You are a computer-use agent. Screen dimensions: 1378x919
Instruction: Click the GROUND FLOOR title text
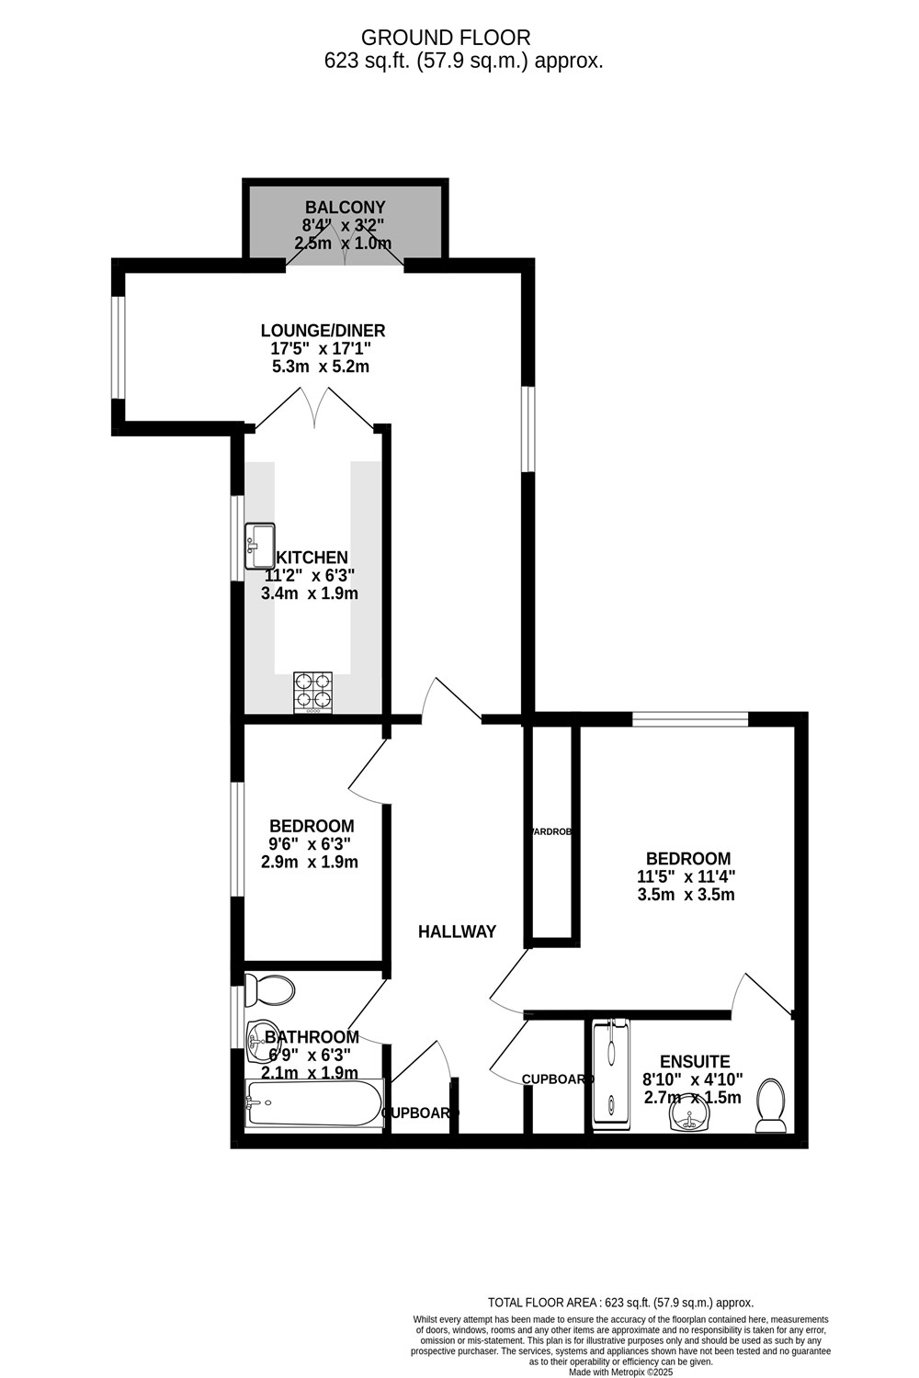click(x=446, y=38)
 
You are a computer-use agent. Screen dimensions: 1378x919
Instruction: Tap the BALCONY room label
click(x=345, y=208)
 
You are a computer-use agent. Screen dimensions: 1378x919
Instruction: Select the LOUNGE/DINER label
click(x=323, y=331)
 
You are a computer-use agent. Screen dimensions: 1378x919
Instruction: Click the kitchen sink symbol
click(x=260, y=546)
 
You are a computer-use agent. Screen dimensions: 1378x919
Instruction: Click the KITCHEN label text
click(x=312, y=558)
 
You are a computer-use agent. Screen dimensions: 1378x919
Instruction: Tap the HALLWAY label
click(x=457, y=932)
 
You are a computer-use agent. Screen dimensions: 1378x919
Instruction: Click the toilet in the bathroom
click(x=270, y=990)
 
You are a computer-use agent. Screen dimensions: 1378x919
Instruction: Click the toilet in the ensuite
click(x=770, y=1106)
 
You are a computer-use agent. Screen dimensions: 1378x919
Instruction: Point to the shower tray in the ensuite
click(x=612, y=1071)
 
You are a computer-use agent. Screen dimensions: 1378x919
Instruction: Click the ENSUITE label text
click(x=695, y=1061)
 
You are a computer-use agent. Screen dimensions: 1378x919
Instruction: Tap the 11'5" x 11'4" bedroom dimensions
click(x=686, y=877)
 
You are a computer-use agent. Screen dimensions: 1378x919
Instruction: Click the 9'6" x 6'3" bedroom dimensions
click(x=310, y=844)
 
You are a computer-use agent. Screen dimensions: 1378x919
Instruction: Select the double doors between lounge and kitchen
click(x=315, y=410)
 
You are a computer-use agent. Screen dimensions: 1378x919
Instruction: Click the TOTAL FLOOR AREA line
click(x=620, y=1303)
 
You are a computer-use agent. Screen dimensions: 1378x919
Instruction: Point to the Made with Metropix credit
click(x=620, y=1372)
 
